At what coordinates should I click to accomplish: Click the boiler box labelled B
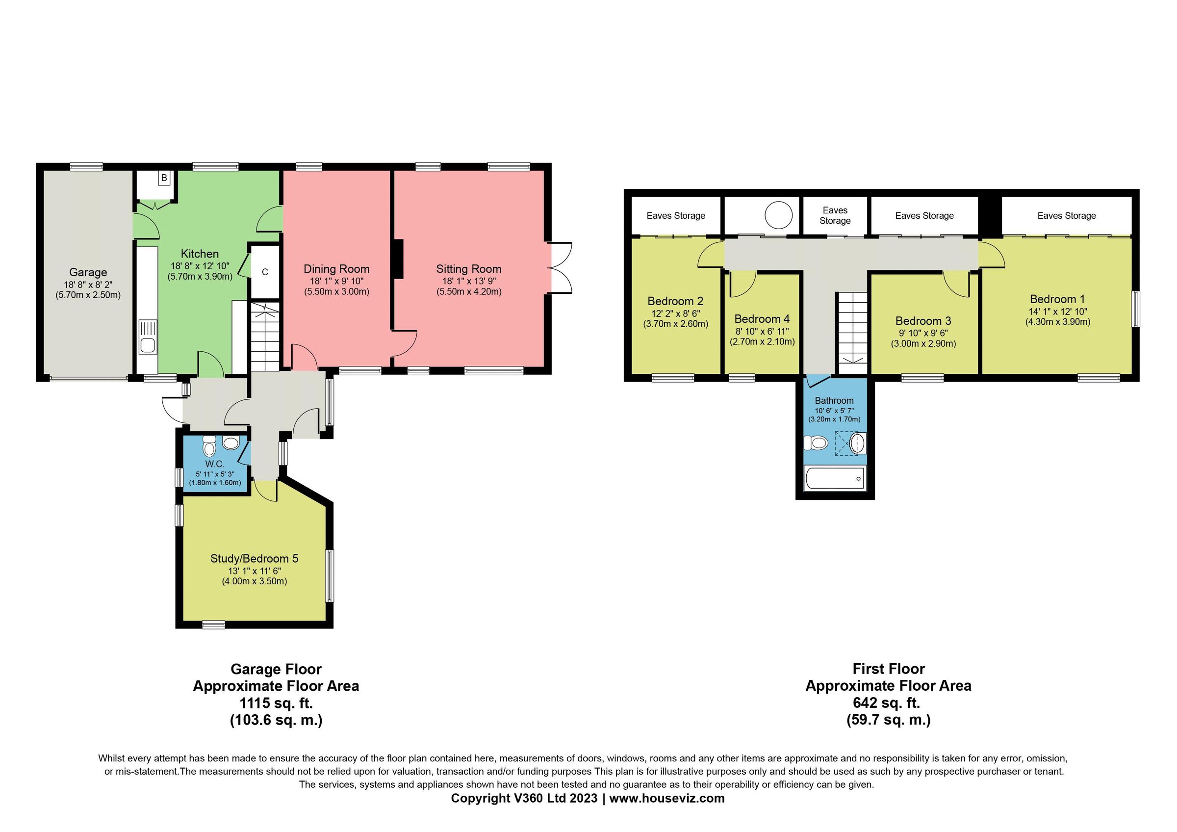click(x=163, y=178)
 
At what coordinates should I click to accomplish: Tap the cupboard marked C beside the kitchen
click(x=264, y=272)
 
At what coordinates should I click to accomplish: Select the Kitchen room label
click(x=200, y=254)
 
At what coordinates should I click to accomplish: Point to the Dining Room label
click(x=336, y=269)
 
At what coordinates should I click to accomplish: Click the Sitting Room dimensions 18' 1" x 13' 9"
click(x=468, y=281)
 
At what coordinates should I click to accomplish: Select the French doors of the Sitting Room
click(x=560, y=267)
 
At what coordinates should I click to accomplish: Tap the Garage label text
click(x=88, y=272)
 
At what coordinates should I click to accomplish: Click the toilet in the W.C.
click(x=209, y=448)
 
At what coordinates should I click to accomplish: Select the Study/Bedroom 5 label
click(x=254, y=558)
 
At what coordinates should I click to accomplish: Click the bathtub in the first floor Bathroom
click(x=835, y=479)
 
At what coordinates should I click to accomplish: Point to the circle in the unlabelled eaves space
click(x=778, y=215)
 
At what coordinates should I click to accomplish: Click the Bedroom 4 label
click(x=762, y=319)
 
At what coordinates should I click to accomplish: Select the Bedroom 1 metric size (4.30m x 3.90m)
click(x=1057, y=322)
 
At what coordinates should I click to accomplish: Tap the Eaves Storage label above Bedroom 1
click(x=1066, y=216)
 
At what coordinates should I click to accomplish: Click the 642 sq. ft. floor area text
click(x=888, y=702)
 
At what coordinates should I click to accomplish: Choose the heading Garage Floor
click(x=276, y=669)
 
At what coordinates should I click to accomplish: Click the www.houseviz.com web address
click(x=666, y=798)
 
